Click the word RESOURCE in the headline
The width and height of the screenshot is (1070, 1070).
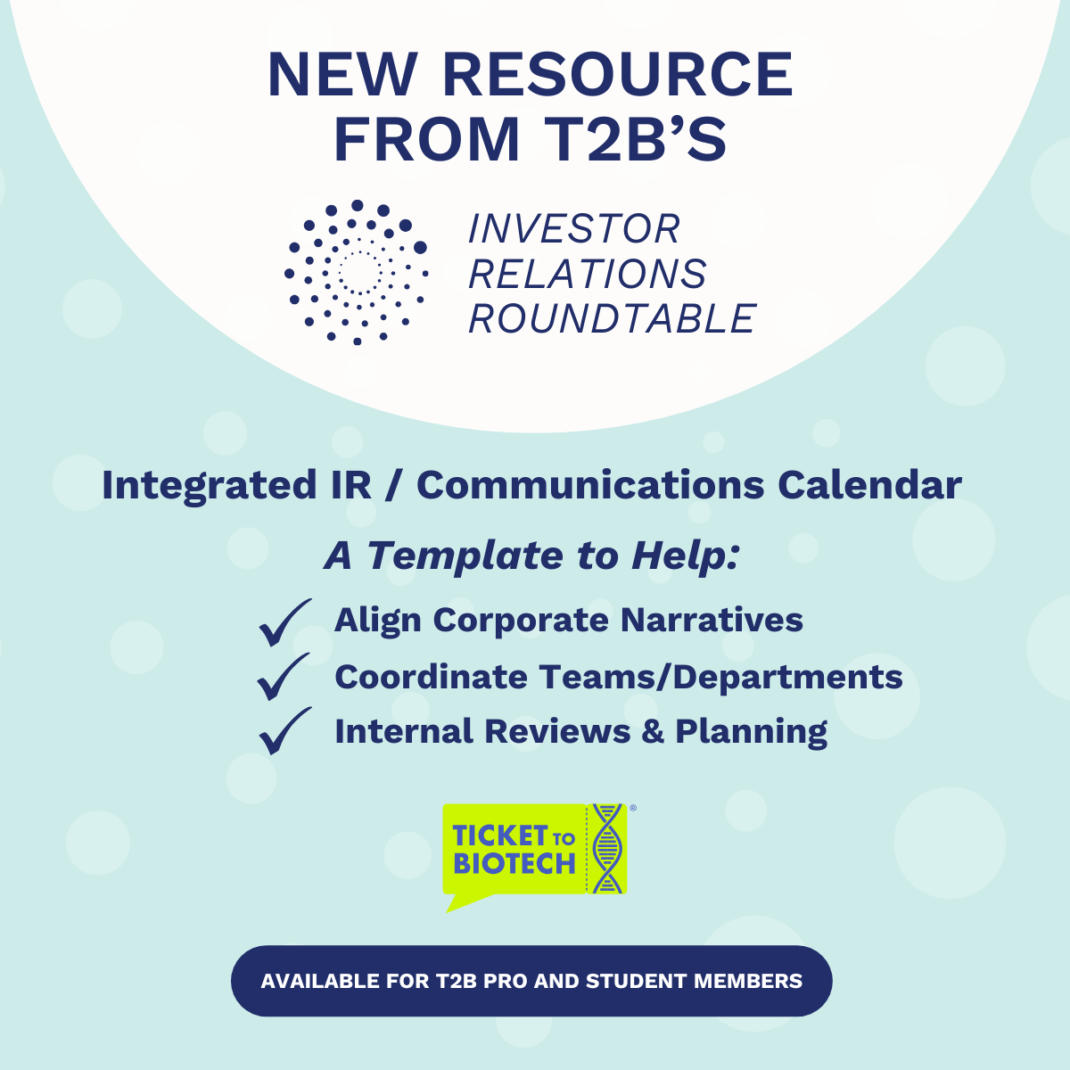(617, 74)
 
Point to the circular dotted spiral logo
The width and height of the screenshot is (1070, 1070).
(357, 272)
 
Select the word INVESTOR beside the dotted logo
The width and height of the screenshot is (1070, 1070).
(574, 228)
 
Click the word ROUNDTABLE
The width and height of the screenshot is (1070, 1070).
(612, 318)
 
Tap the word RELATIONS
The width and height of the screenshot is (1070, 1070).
(588, 274)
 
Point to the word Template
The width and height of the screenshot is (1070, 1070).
(465, 556)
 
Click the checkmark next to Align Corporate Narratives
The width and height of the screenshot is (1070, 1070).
(284, 623)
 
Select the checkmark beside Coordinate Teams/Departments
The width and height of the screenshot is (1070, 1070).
(283, 677)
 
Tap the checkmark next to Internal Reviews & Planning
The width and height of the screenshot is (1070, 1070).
(284, 731)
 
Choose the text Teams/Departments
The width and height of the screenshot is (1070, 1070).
(720, 678)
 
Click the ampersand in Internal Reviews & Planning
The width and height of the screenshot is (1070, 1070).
(653, 731)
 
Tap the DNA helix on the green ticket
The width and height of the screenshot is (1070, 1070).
(607, 848)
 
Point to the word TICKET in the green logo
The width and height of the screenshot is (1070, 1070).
(500, 835)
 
